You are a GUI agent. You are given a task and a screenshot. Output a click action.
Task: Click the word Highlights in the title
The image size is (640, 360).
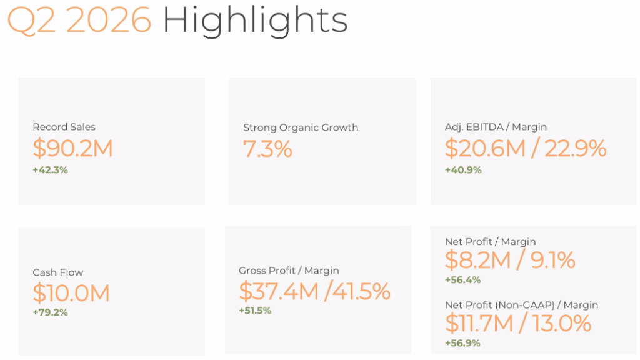tap(255, 21)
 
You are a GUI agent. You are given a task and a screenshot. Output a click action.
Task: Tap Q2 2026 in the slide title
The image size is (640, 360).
tap(79, 20)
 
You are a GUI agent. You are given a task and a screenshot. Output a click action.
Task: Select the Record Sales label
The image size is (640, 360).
tap(64, 127)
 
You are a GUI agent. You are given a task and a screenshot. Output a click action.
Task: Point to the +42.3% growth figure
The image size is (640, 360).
tap(50, 170)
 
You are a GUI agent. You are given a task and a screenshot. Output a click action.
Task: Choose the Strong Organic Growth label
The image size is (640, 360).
tap(301, 127)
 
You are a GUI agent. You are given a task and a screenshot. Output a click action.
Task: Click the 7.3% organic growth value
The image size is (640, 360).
tap(267, 149)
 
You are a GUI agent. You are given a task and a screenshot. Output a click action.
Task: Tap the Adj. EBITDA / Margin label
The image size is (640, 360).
tap(496, 127)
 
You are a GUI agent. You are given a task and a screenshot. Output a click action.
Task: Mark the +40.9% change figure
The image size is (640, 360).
tap(463, 170)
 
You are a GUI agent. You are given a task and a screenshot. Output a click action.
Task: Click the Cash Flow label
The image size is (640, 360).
tap(58, 272)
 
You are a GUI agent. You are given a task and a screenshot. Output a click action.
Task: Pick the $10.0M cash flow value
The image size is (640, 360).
tap(71, 293)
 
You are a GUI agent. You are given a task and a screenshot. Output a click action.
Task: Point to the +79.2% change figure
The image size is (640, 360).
tap(50, 312)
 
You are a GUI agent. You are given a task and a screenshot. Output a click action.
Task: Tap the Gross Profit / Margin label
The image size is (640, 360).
tap(289, 271)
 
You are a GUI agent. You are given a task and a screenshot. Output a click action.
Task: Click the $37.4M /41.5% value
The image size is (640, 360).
tap(315, 291)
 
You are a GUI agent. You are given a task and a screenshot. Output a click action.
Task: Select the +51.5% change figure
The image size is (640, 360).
tap(255, 311)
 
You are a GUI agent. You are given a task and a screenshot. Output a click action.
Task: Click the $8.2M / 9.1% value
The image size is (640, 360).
tap(510, 261)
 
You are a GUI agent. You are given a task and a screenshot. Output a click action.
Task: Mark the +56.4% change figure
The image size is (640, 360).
tap(463, 279)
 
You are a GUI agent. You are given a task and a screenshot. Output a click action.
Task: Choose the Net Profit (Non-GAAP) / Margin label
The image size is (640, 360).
tap(522, 305)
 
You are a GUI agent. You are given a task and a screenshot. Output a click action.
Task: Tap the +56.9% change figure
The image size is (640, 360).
tap(462, 343)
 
